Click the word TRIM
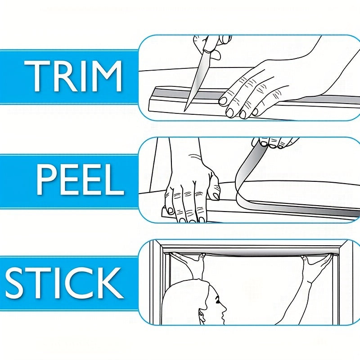tap(73, 76)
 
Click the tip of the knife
tap(184, 111)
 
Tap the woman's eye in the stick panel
tap(217, 300)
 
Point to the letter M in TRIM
tap(106, 76)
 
